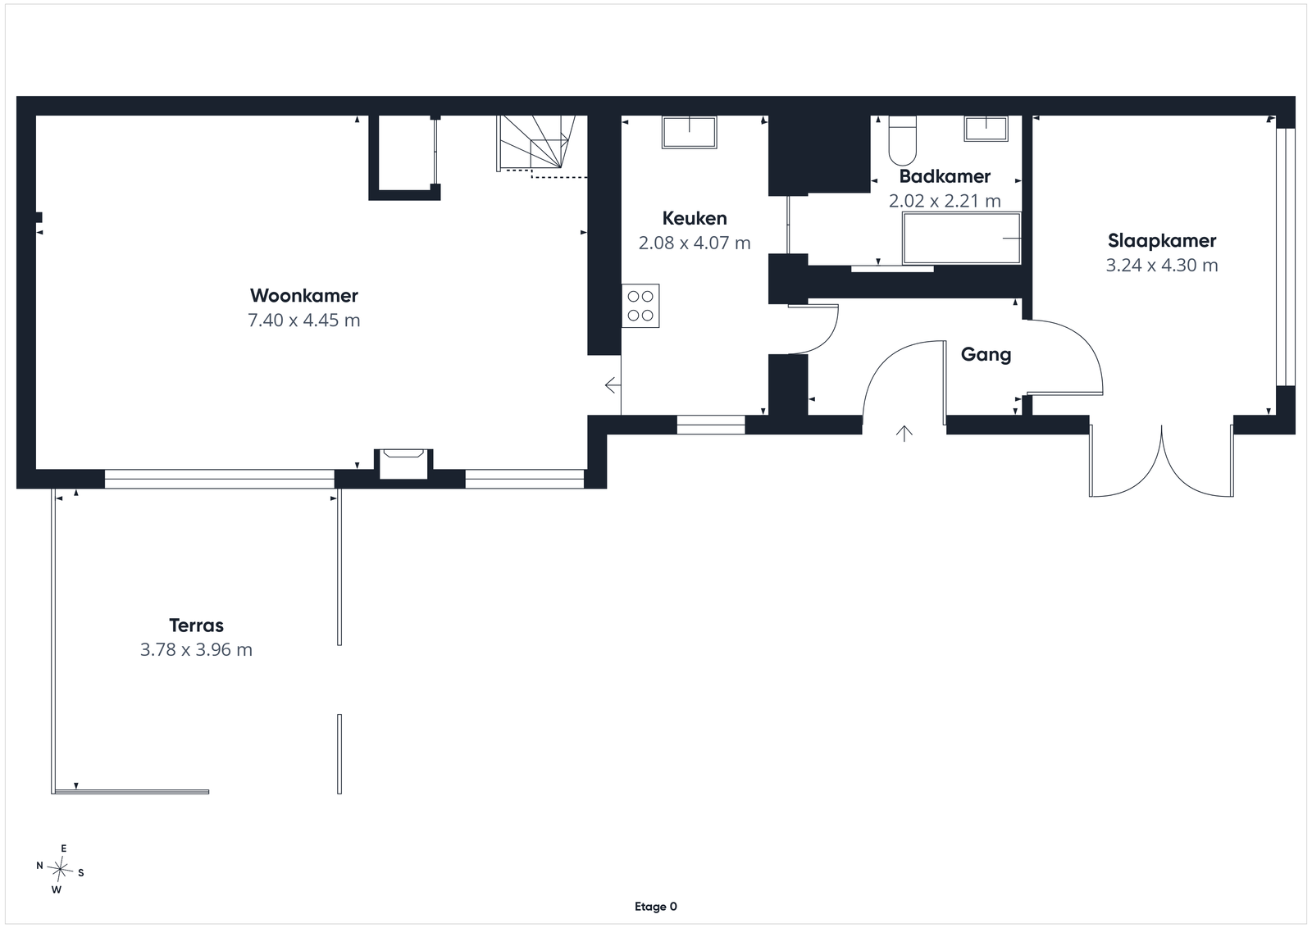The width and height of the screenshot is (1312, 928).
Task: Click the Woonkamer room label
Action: coord(304,296)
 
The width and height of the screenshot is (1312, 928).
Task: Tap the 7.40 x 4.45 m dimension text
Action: coord(304,321)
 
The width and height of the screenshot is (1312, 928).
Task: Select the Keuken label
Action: coord(695,218)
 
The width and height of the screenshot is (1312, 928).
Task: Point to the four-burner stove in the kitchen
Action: coord(640,306)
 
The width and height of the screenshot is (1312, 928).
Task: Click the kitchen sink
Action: coord(690,132)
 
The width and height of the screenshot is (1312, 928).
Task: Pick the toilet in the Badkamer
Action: coord(902,140)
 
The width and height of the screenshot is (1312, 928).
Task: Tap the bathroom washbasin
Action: coord(986,129)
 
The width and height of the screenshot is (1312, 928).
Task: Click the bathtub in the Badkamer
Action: coord(962,239)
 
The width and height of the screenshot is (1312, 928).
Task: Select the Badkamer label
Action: coord(945,176)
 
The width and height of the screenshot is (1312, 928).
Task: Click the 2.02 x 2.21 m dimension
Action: coord(945,201)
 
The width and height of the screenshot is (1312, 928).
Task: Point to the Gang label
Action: coord(986,355)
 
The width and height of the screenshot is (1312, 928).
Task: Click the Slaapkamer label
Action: coord(1162,241)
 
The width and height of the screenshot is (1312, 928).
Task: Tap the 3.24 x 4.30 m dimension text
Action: coord(1162,266)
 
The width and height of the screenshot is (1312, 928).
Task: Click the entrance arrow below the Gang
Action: coord(904,434)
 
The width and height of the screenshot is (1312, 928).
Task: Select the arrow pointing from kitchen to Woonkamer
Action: coord(613,385)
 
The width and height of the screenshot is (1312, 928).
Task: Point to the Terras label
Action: coord(196,625)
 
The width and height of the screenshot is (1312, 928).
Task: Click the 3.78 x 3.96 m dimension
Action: coord(196,650)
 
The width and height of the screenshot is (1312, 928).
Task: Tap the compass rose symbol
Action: coord(61,870)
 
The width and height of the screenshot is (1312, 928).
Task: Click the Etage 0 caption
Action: coord(656,907)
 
